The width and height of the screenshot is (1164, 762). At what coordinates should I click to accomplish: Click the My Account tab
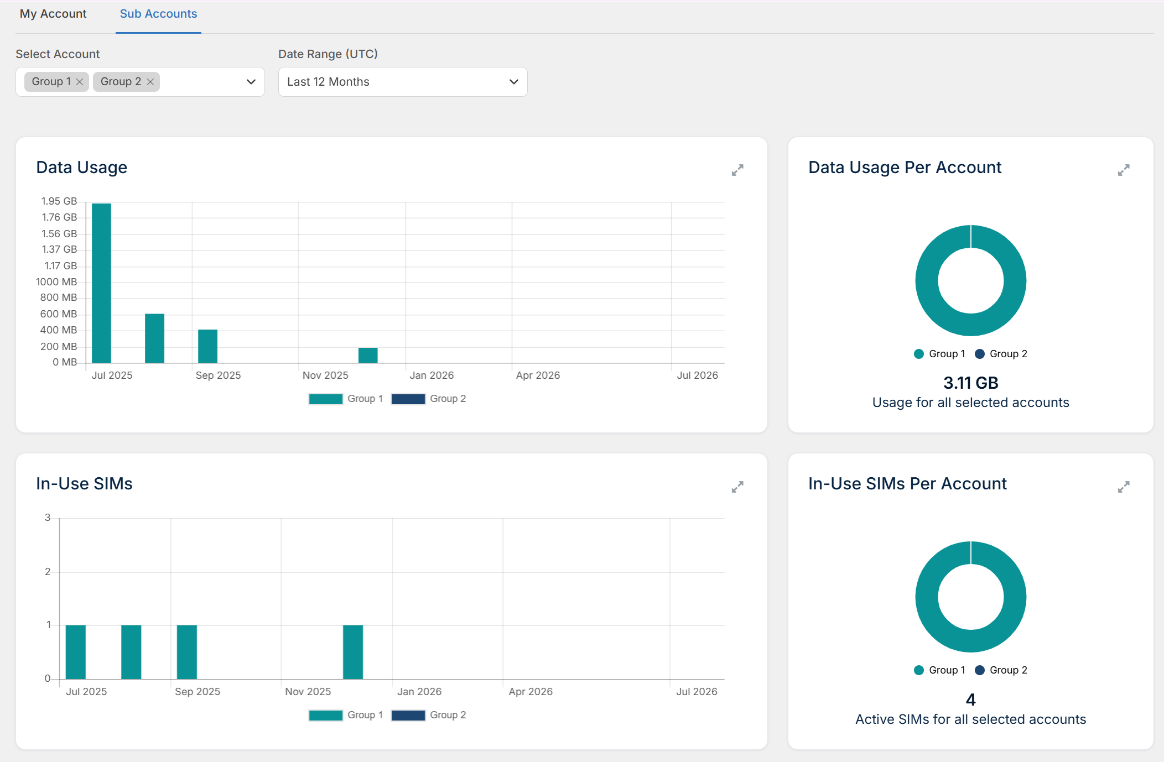pyautogui.click(x=53, y=14)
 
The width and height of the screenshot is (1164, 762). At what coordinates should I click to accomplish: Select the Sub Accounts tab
pyautogui.click(x=158, y=14)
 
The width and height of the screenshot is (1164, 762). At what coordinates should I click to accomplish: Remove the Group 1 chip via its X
pyautogui.click(x=80, y=82)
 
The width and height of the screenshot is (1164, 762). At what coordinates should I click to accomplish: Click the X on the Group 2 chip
pyautogui.click(x=150, y=82)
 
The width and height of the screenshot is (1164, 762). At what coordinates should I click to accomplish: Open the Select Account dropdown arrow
pyautogui.click(x=251, y=82)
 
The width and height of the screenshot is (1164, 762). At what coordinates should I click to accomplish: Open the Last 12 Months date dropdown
pyautogui.click(x=403, y=82)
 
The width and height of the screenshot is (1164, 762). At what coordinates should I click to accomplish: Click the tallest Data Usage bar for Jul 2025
pyautogui.click(x=102, y=283)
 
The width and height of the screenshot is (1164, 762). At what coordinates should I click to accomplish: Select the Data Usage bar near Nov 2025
pyautogui.click(x=368, y=356)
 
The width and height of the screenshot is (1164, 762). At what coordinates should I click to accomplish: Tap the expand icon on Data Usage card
pyautogui.click(x=737, y=170)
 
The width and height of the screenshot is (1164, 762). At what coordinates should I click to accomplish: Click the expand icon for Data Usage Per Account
pyautogui.click(x=1124, y=170)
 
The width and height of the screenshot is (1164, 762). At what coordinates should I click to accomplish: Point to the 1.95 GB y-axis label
pyautogui.click(x=59, y=201)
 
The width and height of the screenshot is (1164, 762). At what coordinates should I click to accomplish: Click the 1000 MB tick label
pyautogui.click(x=56, y=282)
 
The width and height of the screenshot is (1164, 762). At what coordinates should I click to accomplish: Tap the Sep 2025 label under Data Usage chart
pyautogui.click(x=218, y=375)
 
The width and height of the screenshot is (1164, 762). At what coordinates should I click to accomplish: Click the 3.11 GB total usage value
pyautogui.click(x=971, y=383)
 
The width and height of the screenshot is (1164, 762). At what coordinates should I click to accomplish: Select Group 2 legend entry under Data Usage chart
pyautogui.click(x=429, y=399)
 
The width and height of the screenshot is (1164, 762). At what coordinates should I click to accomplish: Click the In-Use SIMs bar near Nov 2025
pyautogui.click(x=353, y=652)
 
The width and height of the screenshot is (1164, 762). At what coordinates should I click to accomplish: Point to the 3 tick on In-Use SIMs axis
pyautogui.click(x=48, y=518)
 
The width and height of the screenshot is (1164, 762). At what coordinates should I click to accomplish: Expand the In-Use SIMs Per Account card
pyautogui.click(x=1124, y=487)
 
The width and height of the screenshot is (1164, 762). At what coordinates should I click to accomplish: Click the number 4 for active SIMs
pyautogui.click(x=971, y=700)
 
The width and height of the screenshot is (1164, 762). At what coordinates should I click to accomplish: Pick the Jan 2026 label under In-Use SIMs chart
pyautogui.click(x=419, y=692)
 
